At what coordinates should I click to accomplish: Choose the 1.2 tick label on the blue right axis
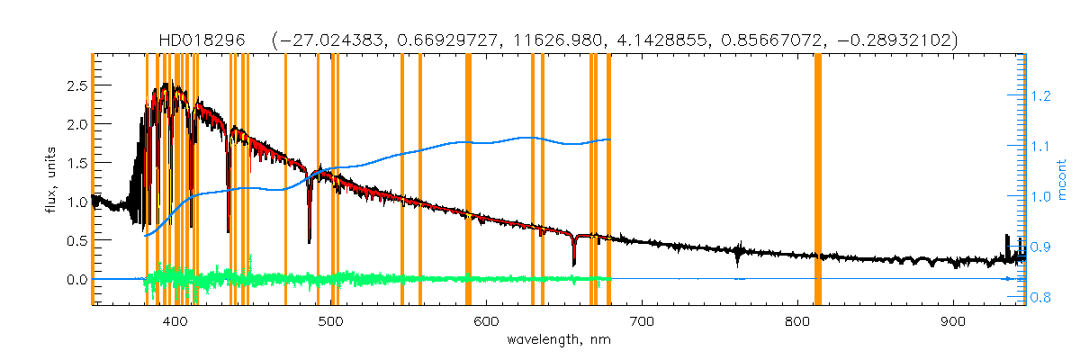1041,95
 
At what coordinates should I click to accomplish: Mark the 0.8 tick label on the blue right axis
1041,297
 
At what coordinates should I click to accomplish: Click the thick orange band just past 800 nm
818,180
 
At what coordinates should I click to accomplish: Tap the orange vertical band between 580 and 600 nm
468,180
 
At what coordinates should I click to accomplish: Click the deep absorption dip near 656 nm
573,262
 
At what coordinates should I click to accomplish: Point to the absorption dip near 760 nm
738,261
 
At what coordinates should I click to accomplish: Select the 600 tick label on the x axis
486,321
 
